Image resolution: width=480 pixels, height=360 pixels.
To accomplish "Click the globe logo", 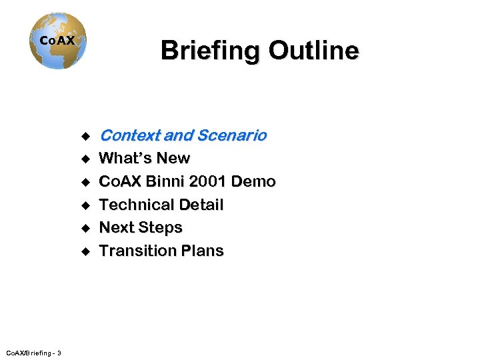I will (x=58, y=41).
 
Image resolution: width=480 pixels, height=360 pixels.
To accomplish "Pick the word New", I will (x=174, y=159).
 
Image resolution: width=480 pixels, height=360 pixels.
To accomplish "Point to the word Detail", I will (x=199, y=205).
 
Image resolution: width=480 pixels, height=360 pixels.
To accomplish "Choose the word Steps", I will (x=161, y=227).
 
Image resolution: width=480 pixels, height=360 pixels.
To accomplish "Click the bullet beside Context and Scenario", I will (x=85, y=137).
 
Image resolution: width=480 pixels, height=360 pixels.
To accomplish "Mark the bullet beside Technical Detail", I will (x=85, y=205).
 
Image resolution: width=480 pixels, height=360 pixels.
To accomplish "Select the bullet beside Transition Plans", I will (x=85, y=251).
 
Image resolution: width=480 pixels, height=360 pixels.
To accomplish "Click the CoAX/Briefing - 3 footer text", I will (x=33, y=352).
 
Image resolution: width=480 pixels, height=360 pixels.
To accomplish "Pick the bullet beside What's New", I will (x=85, y=159).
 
